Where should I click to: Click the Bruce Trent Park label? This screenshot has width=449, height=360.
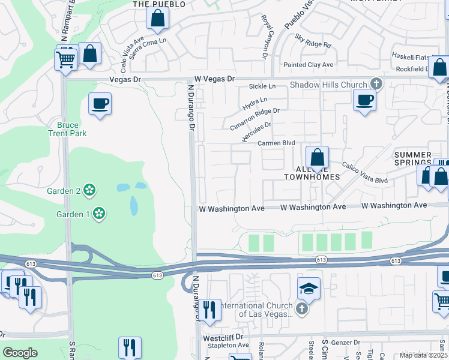(68, 129)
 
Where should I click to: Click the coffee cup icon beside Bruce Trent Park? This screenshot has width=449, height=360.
(100, 103)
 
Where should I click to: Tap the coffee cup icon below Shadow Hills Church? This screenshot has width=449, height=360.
(364, 99)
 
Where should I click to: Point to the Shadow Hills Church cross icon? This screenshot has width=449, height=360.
(376, 83)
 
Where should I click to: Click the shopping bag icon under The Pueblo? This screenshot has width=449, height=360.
(157, 19)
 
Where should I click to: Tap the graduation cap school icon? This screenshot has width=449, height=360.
(309, 289)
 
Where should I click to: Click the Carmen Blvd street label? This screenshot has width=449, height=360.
(276, 143)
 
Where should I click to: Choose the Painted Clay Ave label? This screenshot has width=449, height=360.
(309, 65)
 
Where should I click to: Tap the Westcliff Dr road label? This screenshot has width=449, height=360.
(222, 338)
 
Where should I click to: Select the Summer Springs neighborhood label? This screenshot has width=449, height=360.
(413, 159)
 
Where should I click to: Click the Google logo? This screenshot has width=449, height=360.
(20, 353)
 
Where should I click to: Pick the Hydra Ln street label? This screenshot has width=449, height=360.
(255, 104)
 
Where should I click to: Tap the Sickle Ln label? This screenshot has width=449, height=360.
(262, 86)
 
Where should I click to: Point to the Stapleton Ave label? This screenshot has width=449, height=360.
(225, 346)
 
